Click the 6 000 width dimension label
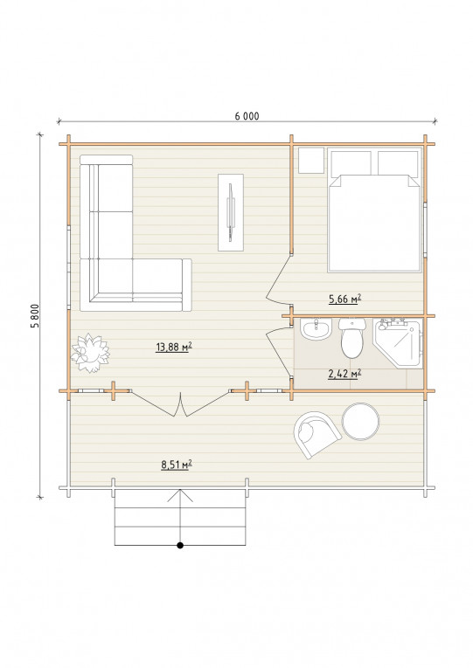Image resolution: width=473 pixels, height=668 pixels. [x=247, y=116]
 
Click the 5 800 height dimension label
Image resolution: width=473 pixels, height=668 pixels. [x=35, y=316]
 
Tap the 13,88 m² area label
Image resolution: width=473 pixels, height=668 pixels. [x=174, y=348]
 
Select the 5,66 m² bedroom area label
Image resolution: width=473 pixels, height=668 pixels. [x=344, y=299]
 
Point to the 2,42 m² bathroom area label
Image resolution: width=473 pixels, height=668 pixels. [x=344, y=374]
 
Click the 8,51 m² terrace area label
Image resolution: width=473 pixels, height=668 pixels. [x=176, y=465]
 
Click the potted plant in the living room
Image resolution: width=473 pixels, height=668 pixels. [x=90, y=353]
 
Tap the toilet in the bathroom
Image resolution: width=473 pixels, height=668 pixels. [x=352, y=338]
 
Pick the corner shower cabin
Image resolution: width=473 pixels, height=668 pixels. [x=399, y=343]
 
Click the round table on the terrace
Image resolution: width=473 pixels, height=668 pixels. [x=360, y=422]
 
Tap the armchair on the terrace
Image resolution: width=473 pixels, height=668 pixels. [x=316, y=434]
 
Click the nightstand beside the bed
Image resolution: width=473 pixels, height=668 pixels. [x=311, y=160]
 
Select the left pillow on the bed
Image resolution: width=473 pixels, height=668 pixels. [x=351, y=162]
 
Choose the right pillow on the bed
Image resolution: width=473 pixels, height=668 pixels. [x=398, y=162]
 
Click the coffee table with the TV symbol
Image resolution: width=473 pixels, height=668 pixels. [x=231, y=212]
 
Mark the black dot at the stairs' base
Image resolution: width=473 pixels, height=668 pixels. [x=180, y=545]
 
